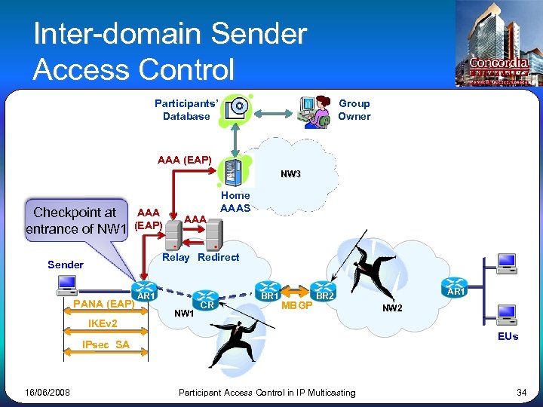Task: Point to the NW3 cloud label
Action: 290,174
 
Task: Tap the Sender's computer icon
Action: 67,285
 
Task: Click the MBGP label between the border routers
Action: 296,305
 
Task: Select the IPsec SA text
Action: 106,344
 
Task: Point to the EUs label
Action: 508,336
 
